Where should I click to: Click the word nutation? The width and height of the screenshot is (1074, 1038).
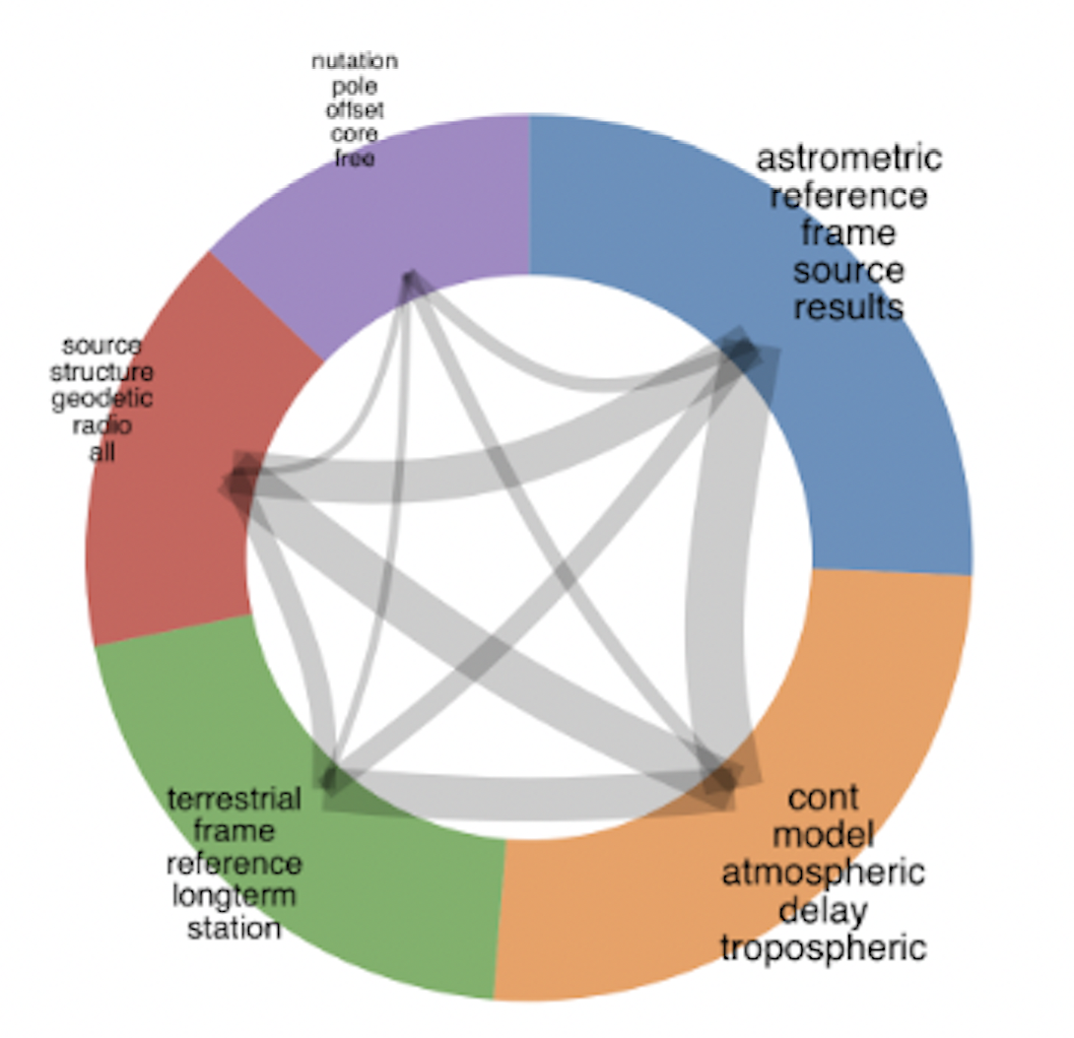pos(355,62)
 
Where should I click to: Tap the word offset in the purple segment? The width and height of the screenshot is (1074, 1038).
pos(355,108)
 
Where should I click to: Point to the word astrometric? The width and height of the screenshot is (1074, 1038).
pos(848,158)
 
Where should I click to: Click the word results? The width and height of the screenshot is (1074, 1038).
pos(848,306)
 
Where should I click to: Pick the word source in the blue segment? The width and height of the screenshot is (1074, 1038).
pos(848,270)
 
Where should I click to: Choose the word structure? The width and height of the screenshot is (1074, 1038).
pos(102,372)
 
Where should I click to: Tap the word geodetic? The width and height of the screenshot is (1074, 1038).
pos(102,399)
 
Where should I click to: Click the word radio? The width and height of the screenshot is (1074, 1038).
pos(102,425)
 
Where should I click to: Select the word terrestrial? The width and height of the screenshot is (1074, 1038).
pos(235,798)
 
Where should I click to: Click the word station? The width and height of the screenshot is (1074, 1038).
pos(235,928)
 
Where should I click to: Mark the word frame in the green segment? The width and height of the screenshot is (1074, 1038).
pos(235,830)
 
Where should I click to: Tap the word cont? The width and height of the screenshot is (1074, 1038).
pos(824,797)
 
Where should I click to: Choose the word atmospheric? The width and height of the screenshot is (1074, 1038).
pos(824,873)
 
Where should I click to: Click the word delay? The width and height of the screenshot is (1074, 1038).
pos(824,910)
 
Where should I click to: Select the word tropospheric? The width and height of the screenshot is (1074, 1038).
pos(824,947)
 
